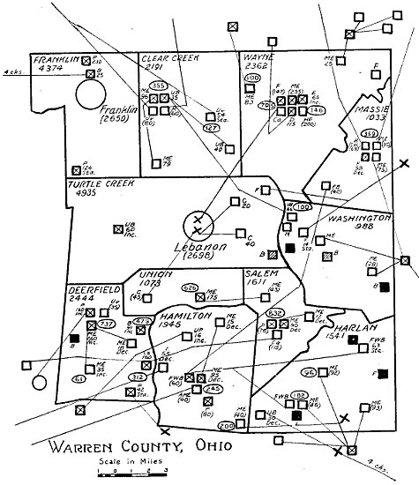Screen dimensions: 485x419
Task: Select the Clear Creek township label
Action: (168, 57)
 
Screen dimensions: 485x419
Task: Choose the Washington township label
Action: (360, 217)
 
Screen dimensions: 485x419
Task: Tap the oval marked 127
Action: (211, 128)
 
